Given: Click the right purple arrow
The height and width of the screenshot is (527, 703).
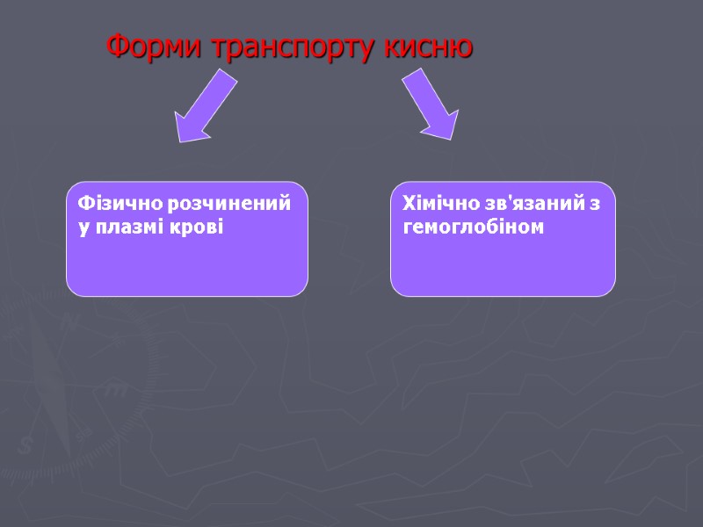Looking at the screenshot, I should [431, 105].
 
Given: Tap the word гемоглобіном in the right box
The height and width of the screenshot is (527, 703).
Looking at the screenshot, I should [474, 227].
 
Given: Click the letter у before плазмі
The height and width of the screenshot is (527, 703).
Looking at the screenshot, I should [83, 228].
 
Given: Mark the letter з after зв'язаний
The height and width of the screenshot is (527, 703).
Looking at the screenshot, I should [595, 205].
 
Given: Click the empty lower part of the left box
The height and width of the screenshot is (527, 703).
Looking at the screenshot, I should [186, 268].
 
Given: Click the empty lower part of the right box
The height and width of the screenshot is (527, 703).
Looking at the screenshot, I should [503, 268].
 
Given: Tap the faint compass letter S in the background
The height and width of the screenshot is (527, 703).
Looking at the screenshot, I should [25, 445].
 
